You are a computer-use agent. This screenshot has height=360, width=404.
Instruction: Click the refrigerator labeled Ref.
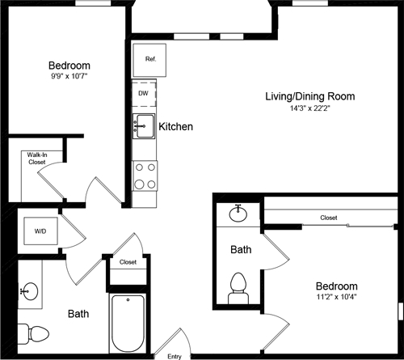(149, 59)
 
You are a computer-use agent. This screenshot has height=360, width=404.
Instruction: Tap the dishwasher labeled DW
(143, 93)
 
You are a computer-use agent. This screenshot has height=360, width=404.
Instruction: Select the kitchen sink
(145, 125)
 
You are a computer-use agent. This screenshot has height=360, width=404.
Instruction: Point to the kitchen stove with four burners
(145, 176)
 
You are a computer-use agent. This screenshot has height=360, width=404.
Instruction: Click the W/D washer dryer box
(40, 231)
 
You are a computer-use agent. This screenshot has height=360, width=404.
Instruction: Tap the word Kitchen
(175, 127)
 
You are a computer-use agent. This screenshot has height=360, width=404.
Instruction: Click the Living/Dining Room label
(309, 96)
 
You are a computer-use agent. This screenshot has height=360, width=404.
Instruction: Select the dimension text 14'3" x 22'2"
(309, 109)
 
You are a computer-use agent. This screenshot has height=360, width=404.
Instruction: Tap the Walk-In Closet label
(36, 158)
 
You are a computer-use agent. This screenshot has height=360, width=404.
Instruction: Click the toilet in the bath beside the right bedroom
(238, 286)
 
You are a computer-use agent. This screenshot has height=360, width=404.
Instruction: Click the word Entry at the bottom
(174, 356)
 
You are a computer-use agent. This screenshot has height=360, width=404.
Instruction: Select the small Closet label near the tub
(128, 262)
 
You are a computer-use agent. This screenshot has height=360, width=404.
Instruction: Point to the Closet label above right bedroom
(328, 218)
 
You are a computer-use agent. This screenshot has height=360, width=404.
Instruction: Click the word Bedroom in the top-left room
(69, 66)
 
